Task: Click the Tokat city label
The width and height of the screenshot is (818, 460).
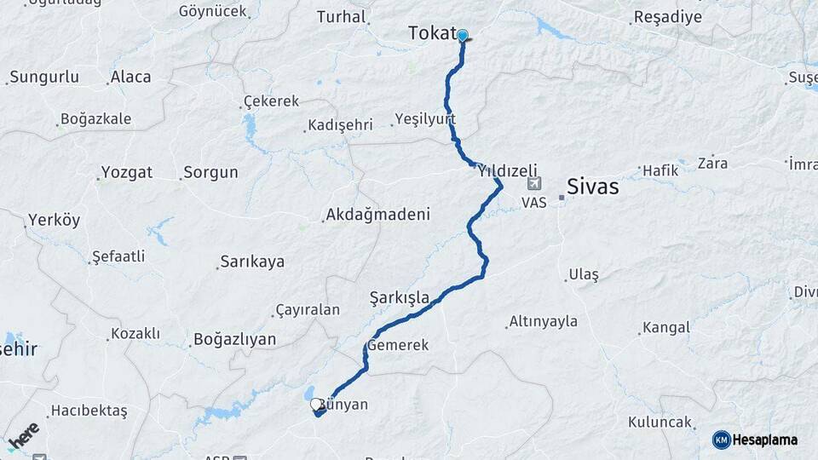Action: click(x=433, y=33)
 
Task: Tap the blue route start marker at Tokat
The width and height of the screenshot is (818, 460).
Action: click(x=463, y=36)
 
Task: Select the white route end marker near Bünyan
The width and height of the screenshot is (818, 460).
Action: click(x=317, y=405)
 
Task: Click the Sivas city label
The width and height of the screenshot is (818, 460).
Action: click(x=593, y=187)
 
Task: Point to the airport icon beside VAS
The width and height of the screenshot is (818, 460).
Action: click(x=534, y=183)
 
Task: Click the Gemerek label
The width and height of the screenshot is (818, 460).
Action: click(x=398, y=346)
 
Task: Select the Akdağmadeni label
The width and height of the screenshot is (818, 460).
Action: click(x=377, y=215)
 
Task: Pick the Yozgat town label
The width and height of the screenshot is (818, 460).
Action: click(x=126, y=172)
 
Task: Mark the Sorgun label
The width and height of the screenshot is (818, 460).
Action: click(x=211, y=172)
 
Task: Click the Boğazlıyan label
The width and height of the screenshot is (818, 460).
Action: click(x=234, y=339)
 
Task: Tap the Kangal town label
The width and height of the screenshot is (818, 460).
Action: click(x=665, y=327)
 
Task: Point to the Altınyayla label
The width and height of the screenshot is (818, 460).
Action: click(x=542, y=322)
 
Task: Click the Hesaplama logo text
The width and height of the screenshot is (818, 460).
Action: click(x=765, y=440)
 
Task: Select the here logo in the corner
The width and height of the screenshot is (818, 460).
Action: click(x=23, y=436)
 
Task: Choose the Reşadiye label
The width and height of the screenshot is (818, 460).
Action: click(x=668, y=17)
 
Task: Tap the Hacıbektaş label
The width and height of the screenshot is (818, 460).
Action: click(x=89, y=411)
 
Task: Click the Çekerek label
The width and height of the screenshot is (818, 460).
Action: click(x=271, y=101)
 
